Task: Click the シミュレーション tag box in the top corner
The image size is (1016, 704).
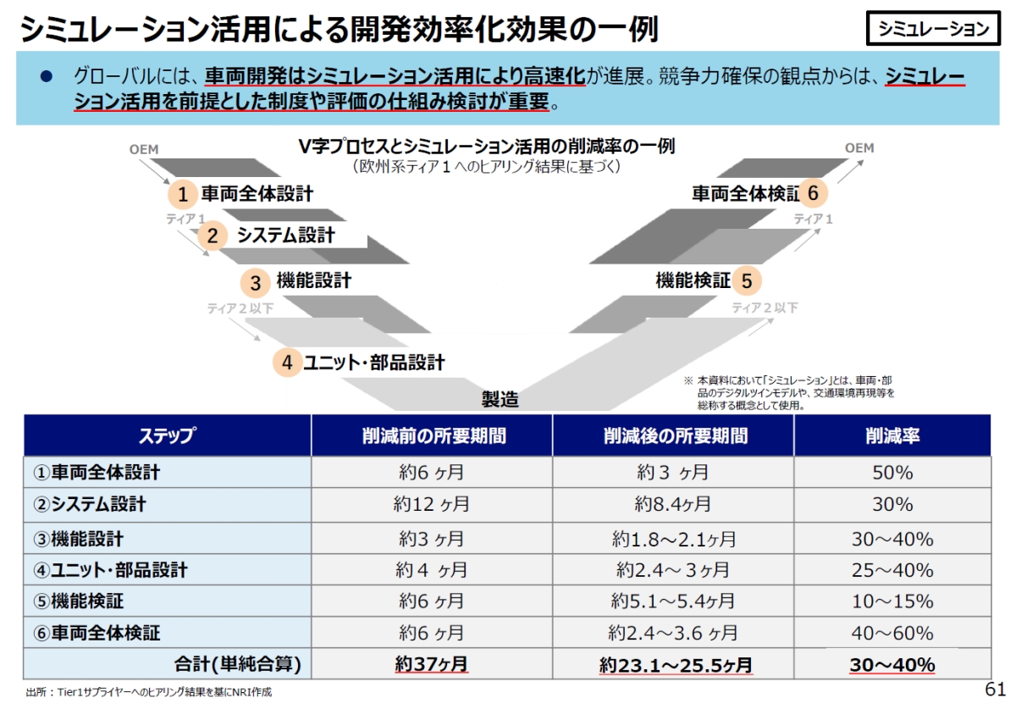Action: click(x=933, y=29)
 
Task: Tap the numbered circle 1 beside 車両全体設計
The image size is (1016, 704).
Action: click(x=182, y=195)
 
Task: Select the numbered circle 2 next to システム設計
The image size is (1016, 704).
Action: click(x=213, y=236)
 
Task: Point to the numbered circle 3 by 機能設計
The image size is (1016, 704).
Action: click(x=255, y=281)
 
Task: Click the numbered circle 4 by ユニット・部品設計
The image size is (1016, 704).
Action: click(x=287, y=363)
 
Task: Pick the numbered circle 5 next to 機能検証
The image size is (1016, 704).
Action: click(x=746, y=280)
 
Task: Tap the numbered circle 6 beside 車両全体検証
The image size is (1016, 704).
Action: click(x=813, y=194)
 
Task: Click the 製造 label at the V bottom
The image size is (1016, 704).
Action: click(x=500, y=398)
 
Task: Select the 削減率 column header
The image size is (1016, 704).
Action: click(x=892, y=435)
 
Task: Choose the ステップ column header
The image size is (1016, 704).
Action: click(x=167, y=435)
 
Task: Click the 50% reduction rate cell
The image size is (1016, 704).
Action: click(x=892, y=473)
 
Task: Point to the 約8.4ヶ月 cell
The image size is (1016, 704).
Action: click(x=673, y=505)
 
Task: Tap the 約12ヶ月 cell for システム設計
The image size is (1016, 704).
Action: click(x=431, y=505)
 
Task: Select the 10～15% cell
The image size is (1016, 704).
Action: click(x=892, y=601)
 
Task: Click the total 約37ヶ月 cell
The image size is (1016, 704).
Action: click(x=431, y=664)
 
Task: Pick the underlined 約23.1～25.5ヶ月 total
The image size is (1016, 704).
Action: click(x=675, y=665)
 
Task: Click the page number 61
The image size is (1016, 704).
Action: click(x=995, y=687)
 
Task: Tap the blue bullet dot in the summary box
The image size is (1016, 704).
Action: click(x=47, y=76)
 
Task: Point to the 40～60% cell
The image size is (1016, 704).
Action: click(x=892, y=633)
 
